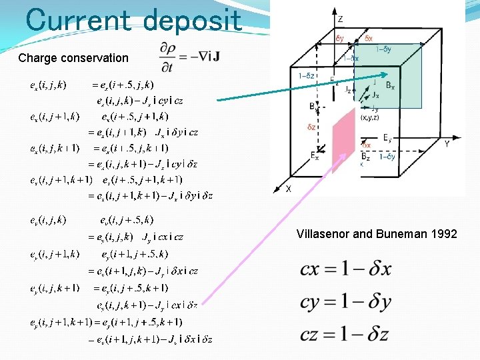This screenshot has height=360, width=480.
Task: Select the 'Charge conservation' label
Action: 73,58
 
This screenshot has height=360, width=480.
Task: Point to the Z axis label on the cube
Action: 340,19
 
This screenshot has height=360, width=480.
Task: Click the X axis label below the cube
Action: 288,189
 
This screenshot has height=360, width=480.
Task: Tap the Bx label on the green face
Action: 390,87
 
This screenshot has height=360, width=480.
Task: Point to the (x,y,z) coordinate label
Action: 371,117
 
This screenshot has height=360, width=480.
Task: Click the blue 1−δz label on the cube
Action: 307,76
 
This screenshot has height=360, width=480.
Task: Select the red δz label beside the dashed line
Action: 311,126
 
